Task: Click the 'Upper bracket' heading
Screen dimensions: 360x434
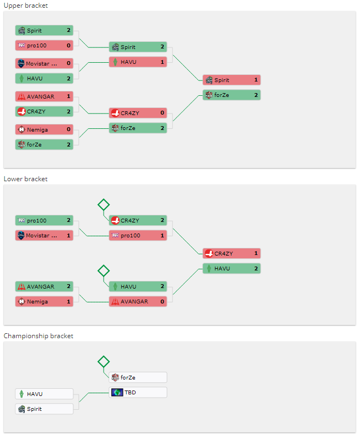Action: click(x=25, y=6)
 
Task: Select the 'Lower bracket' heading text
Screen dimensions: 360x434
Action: click(x=25, y=179)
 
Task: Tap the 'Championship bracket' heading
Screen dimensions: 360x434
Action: click(x=38, y=336)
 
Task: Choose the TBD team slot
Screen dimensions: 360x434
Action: click(x=138, y=393)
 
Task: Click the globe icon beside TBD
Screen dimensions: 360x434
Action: click(x=117, y=393)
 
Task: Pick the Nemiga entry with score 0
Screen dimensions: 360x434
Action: click(x=44, y=129)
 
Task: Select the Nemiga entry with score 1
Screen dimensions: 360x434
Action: click(x=44, y=301)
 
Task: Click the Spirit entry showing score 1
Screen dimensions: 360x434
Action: click(x=232, y=80)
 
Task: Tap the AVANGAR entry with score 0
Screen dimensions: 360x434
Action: click(x=138, y=301)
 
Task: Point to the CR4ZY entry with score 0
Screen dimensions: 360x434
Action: click(x=138, y=113)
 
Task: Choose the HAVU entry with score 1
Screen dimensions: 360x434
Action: click(x=138, y=62)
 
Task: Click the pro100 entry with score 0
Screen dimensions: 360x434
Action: click(x=44, y=45)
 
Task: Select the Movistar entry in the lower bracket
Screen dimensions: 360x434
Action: click(x=44, y=236)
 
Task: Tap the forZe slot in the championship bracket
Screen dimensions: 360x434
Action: click(x=138, y=377)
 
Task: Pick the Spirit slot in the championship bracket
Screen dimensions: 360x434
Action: click(x=44, y=409)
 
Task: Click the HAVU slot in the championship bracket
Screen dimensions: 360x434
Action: click(x=44, y=394)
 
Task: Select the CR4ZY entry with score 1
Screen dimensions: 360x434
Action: click(x=232, y=253)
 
